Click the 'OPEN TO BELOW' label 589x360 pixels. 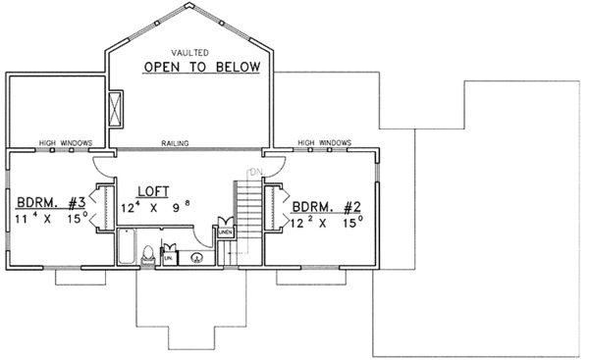(200, 67)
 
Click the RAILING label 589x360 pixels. (177, 143)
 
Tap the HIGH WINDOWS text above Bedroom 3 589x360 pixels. (65, 143)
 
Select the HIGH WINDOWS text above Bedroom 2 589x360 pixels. (323, 143)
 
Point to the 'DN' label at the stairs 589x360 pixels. (252, 173)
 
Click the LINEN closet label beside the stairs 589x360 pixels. (225, 231)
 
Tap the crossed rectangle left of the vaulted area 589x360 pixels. (116, 108)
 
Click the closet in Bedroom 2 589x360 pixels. (274, 206)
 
